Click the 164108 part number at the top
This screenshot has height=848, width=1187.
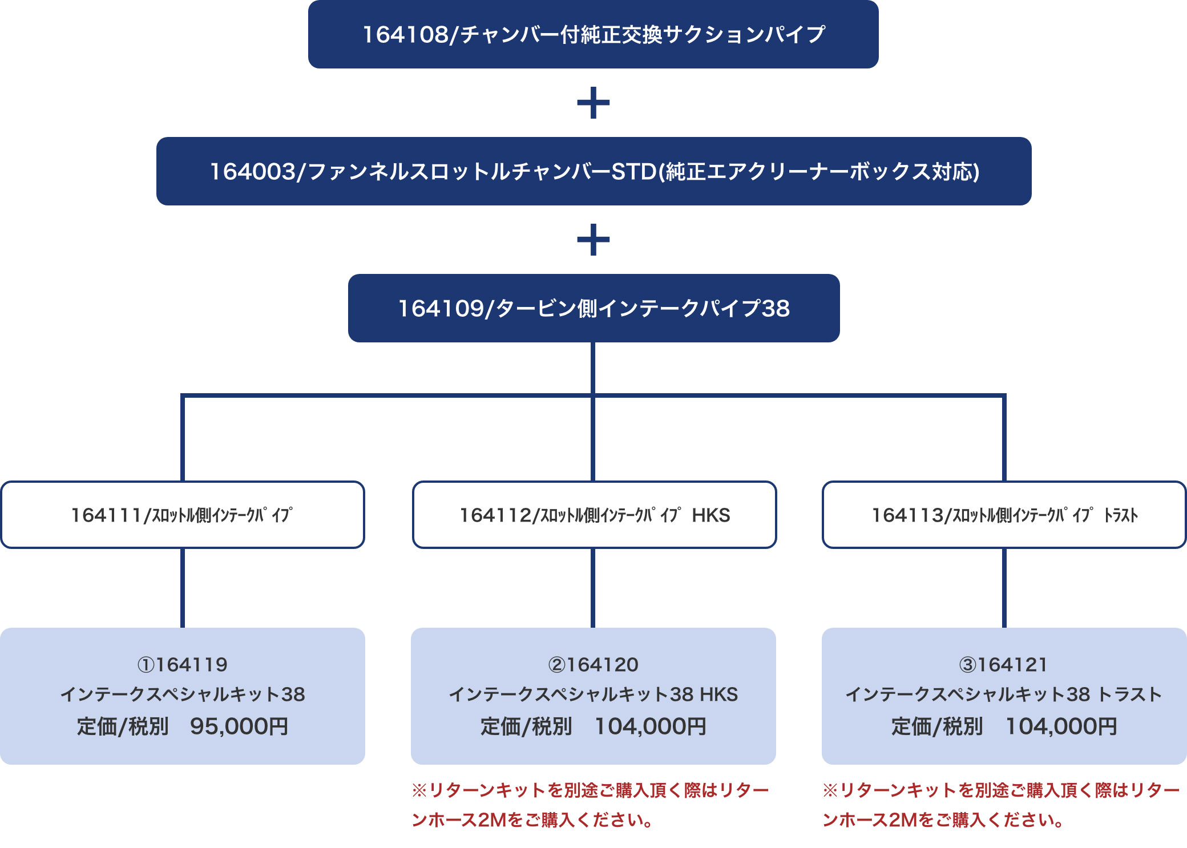click(406, 35)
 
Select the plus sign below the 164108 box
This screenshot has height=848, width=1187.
click(593, 103)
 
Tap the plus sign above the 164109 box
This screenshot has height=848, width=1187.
click(593, 240)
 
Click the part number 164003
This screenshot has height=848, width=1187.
click(253, 172)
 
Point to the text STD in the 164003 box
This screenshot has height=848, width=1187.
click(634, 172)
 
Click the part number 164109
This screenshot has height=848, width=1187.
click(441, 309)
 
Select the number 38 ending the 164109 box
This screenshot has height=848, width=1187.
click(776, 309)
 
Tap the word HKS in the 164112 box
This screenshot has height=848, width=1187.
click(711, 515)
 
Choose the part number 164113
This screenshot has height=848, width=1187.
click(907, 515)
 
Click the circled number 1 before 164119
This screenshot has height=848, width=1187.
click(146, 665)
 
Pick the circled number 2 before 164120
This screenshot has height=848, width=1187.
click(557, 665)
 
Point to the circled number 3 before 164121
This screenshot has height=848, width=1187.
click(968, 665)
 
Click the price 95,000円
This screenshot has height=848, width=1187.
click(239, 726)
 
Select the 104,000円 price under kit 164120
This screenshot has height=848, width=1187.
click(651, 726)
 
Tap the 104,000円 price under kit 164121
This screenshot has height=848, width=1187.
click(1061, 726)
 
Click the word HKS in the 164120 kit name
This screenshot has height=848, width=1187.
click(719, 694)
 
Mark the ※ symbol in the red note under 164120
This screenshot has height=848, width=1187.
click(419, 790)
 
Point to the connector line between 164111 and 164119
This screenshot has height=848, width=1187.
click(183, 588)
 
